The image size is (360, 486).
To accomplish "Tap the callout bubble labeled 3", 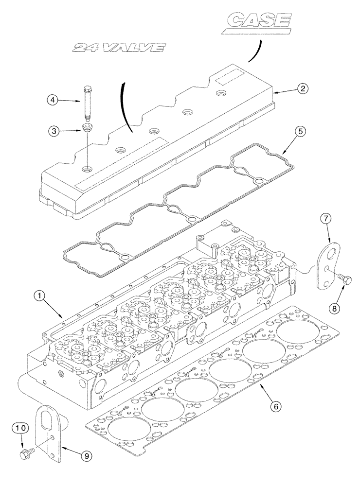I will pyautogui.click(x=54, y=131).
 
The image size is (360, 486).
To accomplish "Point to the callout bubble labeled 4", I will pyautogui.click(x=54, y=101).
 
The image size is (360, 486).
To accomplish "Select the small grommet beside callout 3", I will pyautogui.click(x=87, y=130).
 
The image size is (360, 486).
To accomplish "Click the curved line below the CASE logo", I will pyautogui.click(x=255, y=51).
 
